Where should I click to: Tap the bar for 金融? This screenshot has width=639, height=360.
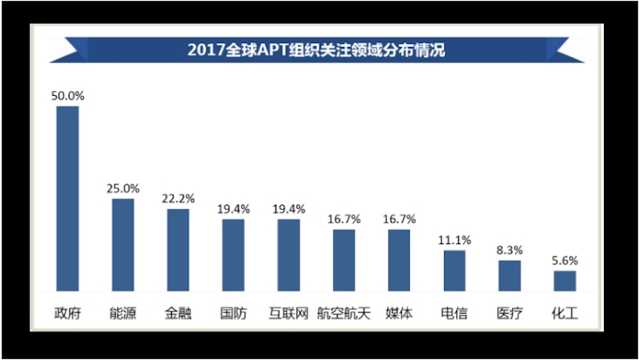[x=178, y=250]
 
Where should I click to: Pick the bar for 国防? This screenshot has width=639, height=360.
[x=233, y=255]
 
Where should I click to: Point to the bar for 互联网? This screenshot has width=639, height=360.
[x=288, y=255]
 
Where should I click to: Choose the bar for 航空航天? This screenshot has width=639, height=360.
[x=343, y=260]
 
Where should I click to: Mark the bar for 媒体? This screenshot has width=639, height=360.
[x=399, y=260]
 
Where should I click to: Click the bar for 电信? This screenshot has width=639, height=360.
[x=454, y=271]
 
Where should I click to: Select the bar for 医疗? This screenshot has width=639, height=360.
[x=510, y=275]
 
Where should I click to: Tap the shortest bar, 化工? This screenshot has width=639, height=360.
[x=565, y=281]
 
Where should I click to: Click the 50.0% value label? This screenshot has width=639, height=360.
[x=67, y=96]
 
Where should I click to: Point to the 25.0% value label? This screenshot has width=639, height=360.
[x=123, y=189]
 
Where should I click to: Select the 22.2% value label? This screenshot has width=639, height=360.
[x=178, y=199]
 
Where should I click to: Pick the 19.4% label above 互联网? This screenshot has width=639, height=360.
[x=288, y=209]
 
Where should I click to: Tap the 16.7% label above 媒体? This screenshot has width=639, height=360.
[x=399, y=220]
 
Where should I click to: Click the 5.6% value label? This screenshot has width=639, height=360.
[x=565, y=260]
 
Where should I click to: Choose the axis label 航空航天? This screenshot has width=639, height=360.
[x=343, y=312]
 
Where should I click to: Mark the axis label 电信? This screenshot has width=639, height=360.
[x=454, y=312]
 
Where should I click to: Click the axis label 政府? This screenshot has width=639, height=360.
[x=67, y=312]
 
